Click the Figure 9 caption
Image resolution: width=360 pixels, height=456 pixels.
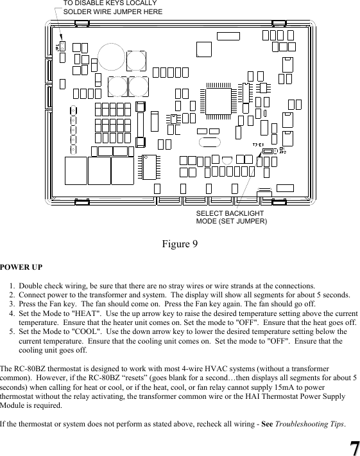pos(180,244)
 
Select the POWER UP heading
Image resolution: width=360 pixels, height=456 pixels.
pos(21,267)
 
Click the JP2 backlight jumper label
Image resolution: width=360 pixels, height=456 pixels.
pos(283,150)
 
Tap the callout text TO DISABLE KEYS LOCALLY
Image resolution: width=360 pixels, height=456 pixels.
pos(110,4)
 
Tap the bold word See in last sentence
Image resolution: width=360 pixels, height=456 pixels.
pos(268,425)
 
